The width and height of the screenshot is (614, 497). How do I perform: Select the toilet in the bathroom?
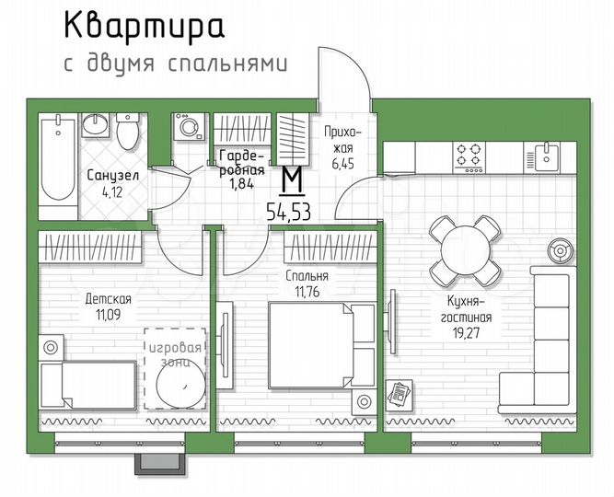point(127,133)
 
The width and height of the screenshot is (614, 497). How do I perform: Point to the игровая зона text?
point(176,355)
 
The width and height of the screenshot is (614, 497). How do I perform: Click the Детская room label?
point(108,299)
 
